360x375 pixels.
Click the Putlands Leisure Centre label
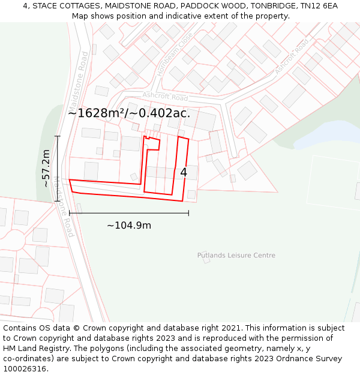[236, 256]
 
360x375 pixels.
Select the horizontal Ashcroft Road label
[165, 97]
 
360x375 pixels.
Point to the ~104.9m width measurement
[129, 226]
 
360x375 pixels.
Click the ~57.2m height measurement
[46, 169]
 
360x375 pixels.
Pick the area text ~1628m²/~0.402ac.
[129, 113]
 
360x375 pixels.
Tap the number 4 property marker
[184, 172]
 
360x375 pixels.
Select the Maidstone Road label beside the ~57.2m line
[62, 206]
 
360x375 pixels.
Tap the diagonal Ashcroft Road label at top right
[292, 57]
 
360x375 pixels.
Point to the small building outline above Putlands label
[205, 257]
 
